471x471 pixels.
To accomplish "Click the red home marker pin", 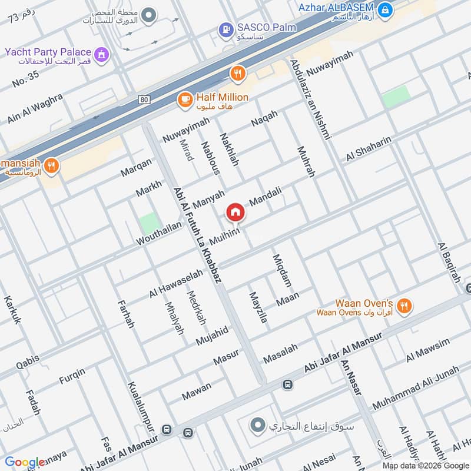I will [x=235, y=213].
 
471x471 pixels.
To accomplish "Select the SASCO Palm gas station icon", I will [x=225, y=28].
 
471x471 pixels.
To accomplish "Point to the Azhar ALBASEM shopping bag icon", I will [x=385, y=9].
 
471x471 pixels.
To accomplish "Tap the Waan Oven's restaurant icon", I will [x=403, y=306].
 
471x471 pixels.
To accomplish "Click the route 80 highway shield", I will [x=145, y=99].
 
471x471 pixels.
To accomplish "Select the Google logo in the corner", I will [x=25, y=462].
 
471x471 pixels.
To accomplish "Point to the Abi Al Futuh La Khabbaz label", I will [x=197, y=235].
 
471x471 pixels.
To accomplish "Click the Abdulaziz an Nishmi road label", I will [x=310, y=99].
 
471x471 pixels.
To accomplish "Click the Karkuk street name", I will [x=12, y=310].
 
